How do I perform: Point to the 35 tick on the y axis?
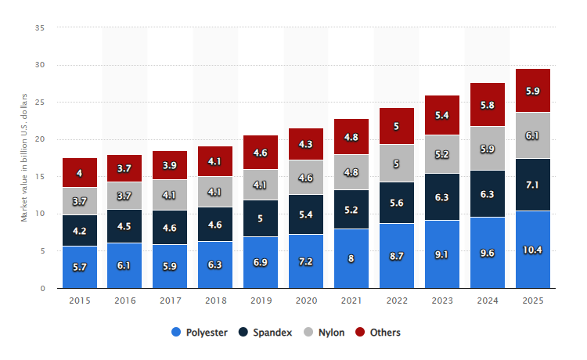pos(40,28)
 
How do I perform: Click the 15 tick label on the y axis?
pos(40,177)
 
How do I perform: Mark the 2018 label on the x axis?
pos(216,301)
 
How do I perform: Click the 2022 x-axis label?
pos(397,301)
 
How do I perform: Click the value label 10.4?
pos(533,249)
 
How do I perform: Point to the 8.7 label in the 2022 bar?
pos(397,256)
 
